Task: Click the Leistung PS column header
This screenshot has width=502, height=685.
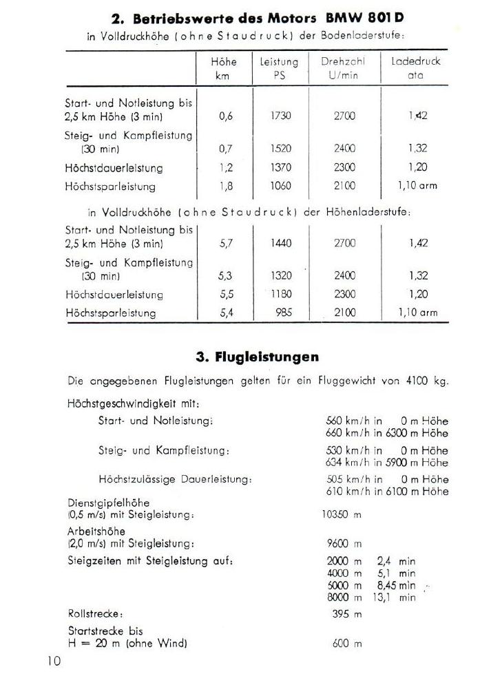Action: (x=279, y=68)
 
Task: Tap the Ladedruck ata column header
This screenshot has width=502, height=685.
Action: (x=415, y=68)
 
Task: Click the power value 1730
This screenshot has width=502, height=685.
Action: (x=280, y=116)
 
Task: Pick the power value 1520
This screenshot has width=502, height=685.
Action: (x=280, y=149)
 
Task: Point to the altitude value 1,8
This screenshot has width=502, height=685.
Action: (x=226, y=186)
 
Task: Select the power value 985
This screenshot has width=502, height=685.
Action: (x=282, y=313)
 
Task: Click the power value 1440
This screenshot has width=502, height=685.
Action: (x=280, y=243)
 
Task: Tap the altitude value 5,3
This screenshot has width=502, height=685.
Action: (x=226, y=275)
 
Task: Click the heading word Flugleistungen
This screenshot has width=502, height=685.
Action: (x=266, y=357)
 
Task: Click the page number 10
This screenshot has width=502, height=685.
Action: (x=54, y=661)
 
